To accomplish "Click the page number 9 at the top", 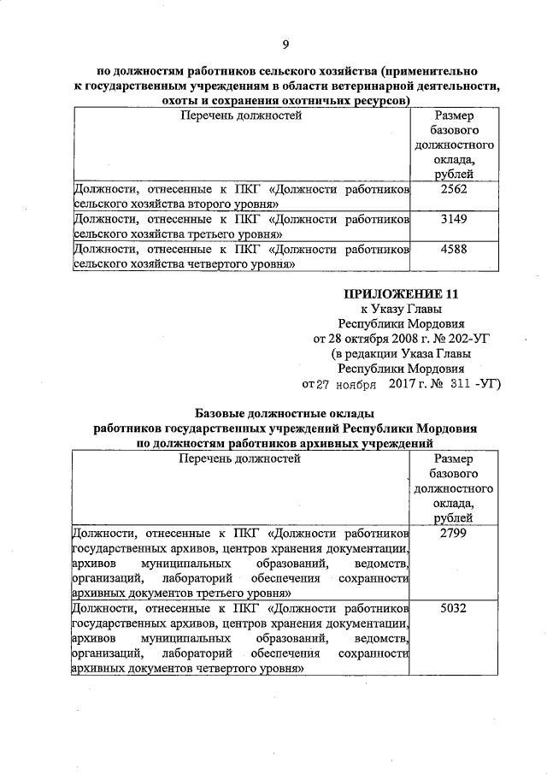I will pyautogui.click(x=286, y=44).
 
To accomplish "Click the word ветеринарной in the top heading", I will pyautogui.click(x=359, y=87).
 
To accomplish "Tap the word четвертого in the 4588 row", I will pyautogui.click(x=221, y=265).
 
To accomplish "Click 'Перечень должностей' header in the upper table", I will pyautogui.click(x=240, y=115).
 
